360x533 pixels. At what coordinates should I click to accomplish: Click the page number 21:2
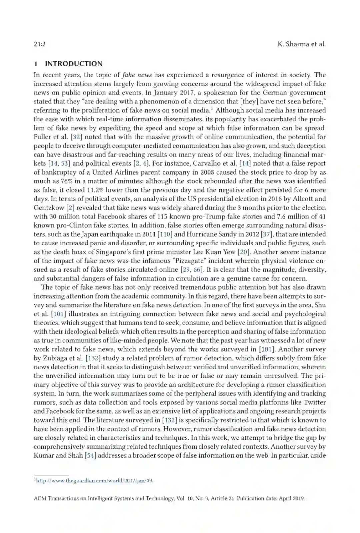click(39, 44)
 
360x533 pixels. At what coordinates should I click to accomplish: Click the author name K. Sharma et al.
click(301, 44)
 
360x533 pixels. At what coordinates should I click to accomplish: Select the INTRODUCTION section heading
click(74, 64)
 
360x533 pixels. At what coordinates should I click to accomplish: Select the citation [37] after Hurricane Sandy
click(266, 234)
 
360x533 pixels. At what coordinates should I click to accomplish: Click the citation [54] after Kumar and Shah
click(90, 455)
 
